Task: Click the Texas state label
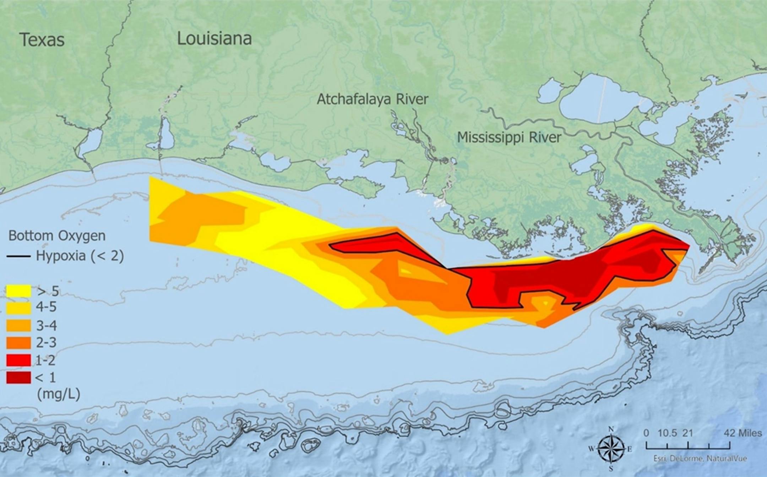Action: (42, 39)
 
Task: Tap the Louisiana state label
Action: (214, 38)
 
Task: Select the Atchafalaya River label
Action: (372, 99)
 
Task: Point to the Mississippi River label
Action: (509, 137)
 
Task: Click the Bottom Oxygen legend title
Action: (57, 235)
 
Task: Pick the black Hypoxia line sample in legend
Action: (18, 256)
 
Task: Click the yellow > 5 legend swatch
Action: (18, 291)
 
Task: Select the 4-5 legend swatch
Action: (18, 308)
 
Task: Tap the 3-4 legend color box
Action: (18, 325)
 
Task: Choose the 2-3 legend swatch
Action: (18, 342)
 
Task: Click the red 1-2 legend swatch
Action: (18, 360)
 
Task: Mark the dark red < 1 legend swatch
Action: (18, 377)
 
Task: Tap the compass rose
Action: (611, 449)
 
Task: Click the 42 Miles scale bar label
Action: (743, 433)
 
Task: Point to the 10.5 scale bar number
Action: (667, 433)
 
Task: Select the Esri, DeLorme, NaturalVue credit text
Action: (700, 459)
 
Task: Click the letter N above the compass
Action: (611, 429)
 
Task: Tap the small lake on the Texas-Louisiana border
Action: (90, 142)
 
